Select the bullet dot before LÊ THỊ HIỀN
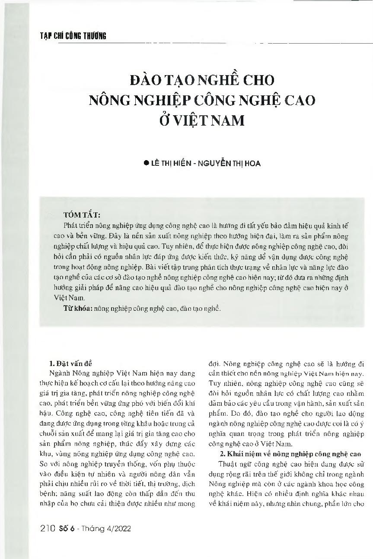tap(146, 164)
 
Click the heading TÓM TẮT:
tap(82, 215)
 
